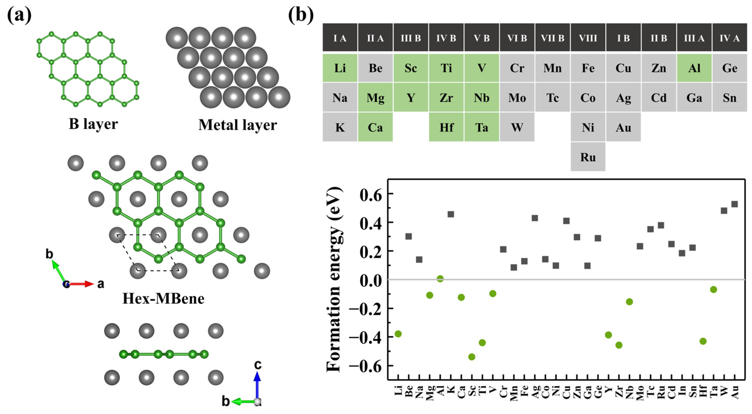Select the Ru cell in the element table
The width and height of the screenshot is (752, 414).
(x=588, y=157)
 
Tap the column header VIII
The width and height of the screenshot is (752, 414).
(x=588, y=38)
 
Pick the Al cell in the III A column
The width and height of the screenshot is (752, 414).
(x=694, y=68)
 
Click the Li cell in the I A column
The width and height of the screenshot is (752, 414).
(x=340, y=68)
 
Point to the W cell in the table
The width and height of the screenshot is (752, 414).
(x=517, y=127)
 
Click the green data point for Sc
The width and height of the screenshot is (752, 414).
(x=472, y=357)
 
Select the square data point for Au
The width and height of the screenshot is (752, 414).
(x=734, y=204)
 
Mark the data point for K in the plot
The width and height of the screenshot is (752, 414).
(x=451, y=214)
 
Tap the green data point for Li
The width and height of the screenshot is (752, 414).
(x=398, y=334)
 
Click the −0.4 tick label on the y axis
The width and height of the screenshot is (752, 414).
(x=366, y=337)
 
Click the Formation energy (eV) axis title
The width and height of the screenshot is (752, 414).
(x=334, y=279)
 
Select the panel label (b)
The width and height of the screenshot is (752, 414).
(x=301, y=15)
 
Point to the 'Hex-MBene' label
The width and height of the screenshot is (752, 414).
(x=163, y=299)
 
